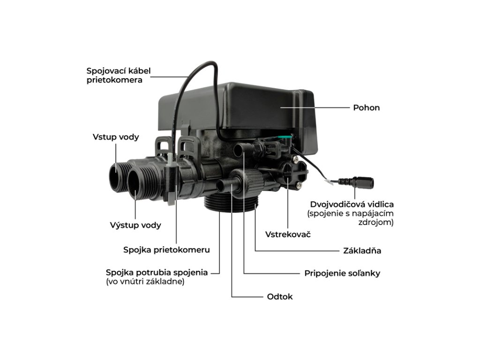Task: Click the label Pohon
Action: click(x=366, y=108)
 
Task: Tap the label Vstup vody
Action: click(x=116, y=137)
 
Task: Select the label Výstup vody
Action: click(x=135, y=225)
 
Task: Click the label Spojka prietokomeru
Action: click(x=166, y=250)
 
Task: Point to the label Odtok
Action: click(x=280, y=297)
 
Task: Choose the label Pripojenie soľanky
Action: click(x=342, y=273)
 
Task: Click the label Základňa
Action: click(x=362, y=251)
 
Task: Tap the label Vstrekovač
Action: click(x=288, y=234)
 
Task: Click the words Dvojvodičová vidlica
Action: click(x=352, y=204)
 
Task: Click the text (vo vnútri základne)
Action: click(x=145, y=282)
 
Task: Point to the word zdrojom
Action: click(x=376, y=222)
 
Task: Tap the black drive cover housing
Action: click(x=237, y=111)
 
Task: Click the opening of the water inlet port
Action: click(x=116, y=179)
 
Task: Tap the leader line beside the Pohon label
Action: click(x=315, y=108)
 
